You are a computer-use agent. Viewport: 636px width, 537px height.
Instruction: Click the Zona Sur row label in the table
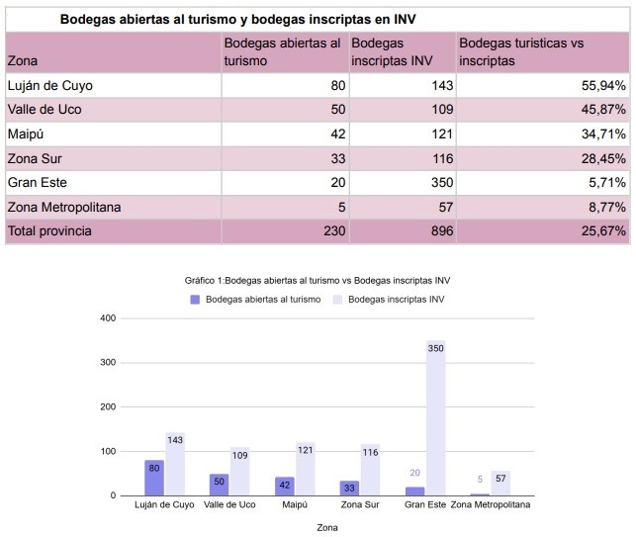click(35, 158)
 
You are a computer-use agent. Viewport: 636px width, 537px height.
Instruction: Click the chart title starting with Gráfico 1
click(318, 280)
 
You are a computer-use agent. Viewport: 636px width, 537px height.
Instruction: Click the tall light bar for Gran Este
click(435, 420)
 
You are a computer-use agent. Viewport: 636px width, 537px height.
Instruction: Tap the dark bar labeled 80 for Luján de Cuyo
click(153, 479)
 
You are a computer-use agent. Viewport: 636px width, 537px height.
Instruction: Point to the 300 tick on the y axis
click(109, 363)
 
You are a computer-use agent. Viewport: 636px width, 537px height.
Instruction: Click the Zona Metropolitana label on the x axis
click(491, 505)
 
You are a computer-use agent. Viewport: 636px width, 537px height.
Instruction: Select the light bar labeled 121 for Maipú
click(305, 470)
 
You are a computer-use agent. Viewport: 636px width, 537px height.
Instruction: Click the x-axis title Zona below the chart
click(327, 527)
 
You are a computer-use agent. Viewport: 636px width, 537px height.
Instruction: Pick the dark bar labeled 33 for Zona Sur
click(349, 488)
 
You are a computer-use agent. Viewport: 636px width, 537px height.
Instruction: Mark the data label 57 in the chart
click(500, 478)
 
